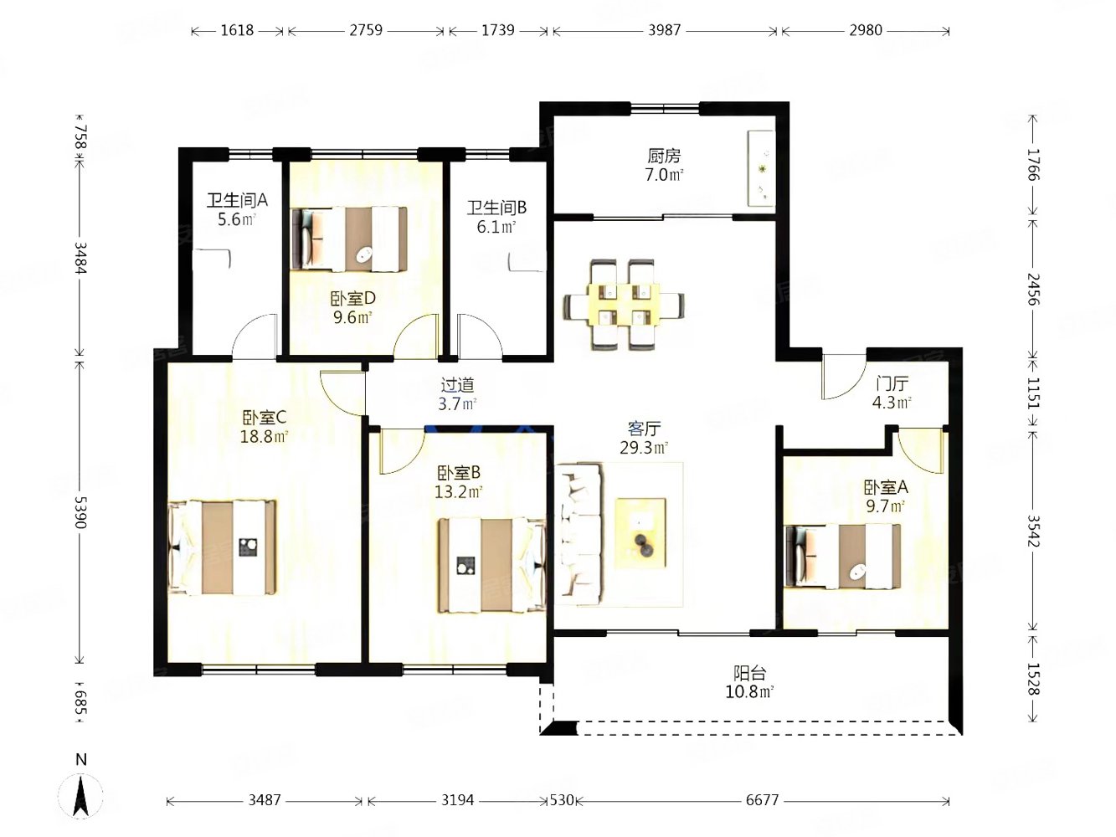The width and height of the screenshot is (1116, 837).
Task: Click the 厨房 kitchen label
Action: pyautogui.click(x=664, y=156)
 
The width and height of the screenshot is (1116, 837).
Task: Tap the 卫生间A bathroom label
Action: pyautogui.click(x=237, y=200)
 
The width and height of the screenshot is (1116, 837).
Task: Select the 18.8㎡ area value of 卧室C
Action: pyautogui.click(x=265, y=437)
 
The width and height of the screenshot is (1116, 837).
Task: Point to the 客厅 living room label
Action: pyautogui.click(x=644, y=429)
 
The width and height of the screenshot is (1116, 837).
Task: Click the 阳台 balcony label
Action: pyautogui.click(x=749, y=673)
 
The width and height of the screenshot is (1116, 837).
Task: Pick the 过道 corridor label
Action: pyautogui.click(x=458, y=385)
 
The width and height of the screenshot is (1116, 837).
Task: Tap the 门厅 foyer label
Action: pyautogui.click(x=892, y=383)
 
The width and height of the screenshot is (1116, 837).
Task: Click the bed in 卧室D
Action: pyautogui.click(x=349, y=239)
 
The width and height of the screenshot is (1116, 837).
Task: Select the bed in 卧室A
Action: pyautogui.click(x=843, y=556)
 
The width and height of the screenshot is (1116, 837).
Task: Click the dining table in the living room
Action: pyautogui.click(x=624, y=305)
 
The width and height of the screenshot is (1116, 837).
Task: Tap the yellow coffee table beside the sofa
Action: pyautogui.click(x=640, y=533)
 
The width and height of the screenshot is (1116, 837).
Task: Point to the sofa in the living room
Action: pyautogui.click(x=579, y=534)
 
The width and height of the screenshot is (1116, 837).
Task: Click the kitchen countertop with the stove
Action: pyautogui.click(x=761, y=168)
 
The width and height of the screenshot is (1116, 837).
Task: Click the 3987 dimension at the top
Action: pyautogui.click(x=664, y=30)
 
